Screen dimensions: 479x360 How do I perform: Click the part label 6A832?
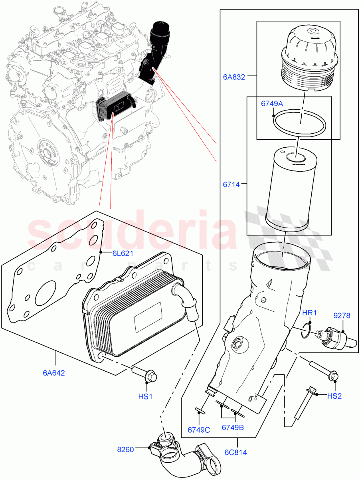point(234,77)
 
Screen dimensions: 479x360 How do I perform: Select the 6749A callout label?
point(272,104)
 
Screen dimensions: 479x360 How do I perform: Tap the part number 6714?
point(232,184)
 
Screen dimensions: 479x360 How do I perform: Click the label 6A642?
point(54,373)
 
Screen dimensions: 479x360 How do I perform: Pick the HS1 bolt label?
point(146,396)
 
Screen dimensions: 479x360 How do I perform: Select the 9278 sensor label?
point(342,315)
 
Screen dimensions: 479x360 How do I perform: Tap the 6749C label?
point(198,430)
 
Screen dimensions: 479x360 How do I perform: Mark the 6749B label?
point(233,428)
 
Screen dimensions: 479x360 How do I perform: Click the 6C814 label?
point(235,452)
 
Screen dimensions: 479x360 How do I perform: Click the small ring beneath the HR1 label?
point(305,330)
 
